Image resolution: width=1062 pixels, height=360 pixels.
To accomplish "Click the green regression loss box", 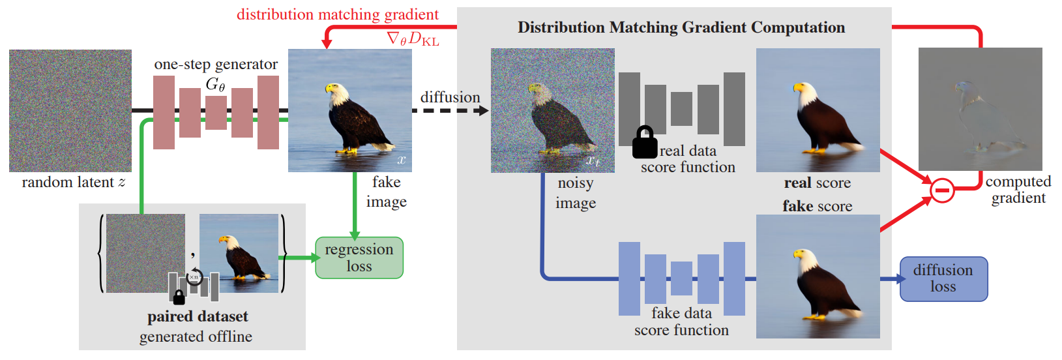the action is [359, 258].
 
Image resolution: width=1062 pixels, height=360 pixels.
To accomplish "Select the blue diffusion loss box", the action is [943, 279].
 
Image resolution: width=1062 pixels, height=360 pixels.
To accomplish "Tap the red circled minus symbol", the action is [942, 190].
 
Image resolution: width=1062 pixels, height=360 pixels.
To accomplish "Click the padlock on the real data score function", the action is [645, 142].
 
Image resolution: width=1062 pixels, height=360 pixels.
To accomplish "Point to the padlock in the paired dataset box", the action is [179, 297].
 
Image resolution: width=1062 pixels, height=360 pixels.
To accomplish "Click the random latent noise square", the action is [70, 110].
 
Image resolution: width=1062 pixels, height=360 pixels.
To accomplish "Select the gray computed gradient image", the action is [980, 109].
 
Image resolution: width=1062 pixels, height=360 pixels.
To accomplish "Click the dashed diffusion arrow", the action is [450, 110].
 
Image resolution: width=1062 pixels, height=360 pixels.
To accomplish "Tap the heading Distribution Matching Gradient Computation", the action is [681, 27].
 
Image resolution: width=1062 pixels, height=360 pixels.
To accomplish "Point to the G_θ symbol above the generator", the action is [215, 84].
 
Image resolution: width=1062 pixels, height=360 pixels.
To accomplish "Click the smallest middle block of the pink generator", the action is [216, 113].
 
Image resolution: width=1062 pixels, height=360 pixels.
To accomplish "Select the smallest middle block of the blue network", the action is [682, 278].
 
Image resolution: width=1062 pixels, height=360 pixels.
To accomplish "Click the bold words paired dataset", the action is [198, 317].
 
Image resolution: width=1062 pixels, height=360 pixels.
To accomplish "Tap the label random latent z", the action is [74, 182].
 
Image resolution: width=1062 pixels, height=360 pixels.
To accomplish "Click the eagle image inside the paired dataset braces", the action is [239, 253].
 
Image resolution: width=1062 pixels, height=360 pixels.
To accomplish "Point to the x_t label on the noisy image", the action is [593, 161].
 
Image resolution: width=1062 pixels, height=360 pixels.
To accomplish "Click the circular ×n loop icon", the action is [194, 277].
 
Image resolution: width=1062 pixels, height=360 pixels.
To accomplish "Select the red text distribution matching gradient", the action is [338, 14].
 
